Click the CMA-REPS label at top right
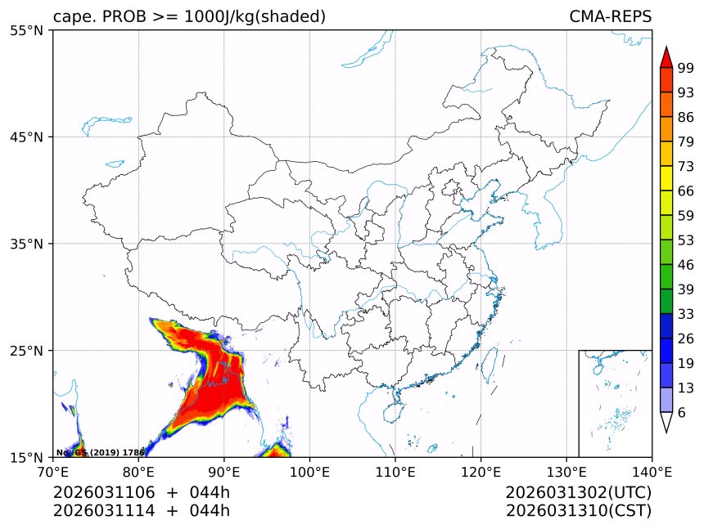[x=610, y=16]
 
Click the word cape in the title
[x=70, y=17]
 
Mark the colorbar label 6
[x=682, y=413]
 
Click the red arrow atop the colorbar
[x=666, y=57]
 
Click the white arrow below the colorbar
[x=666, y=422]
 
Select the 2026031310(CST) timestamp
[x=578, y=511]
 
